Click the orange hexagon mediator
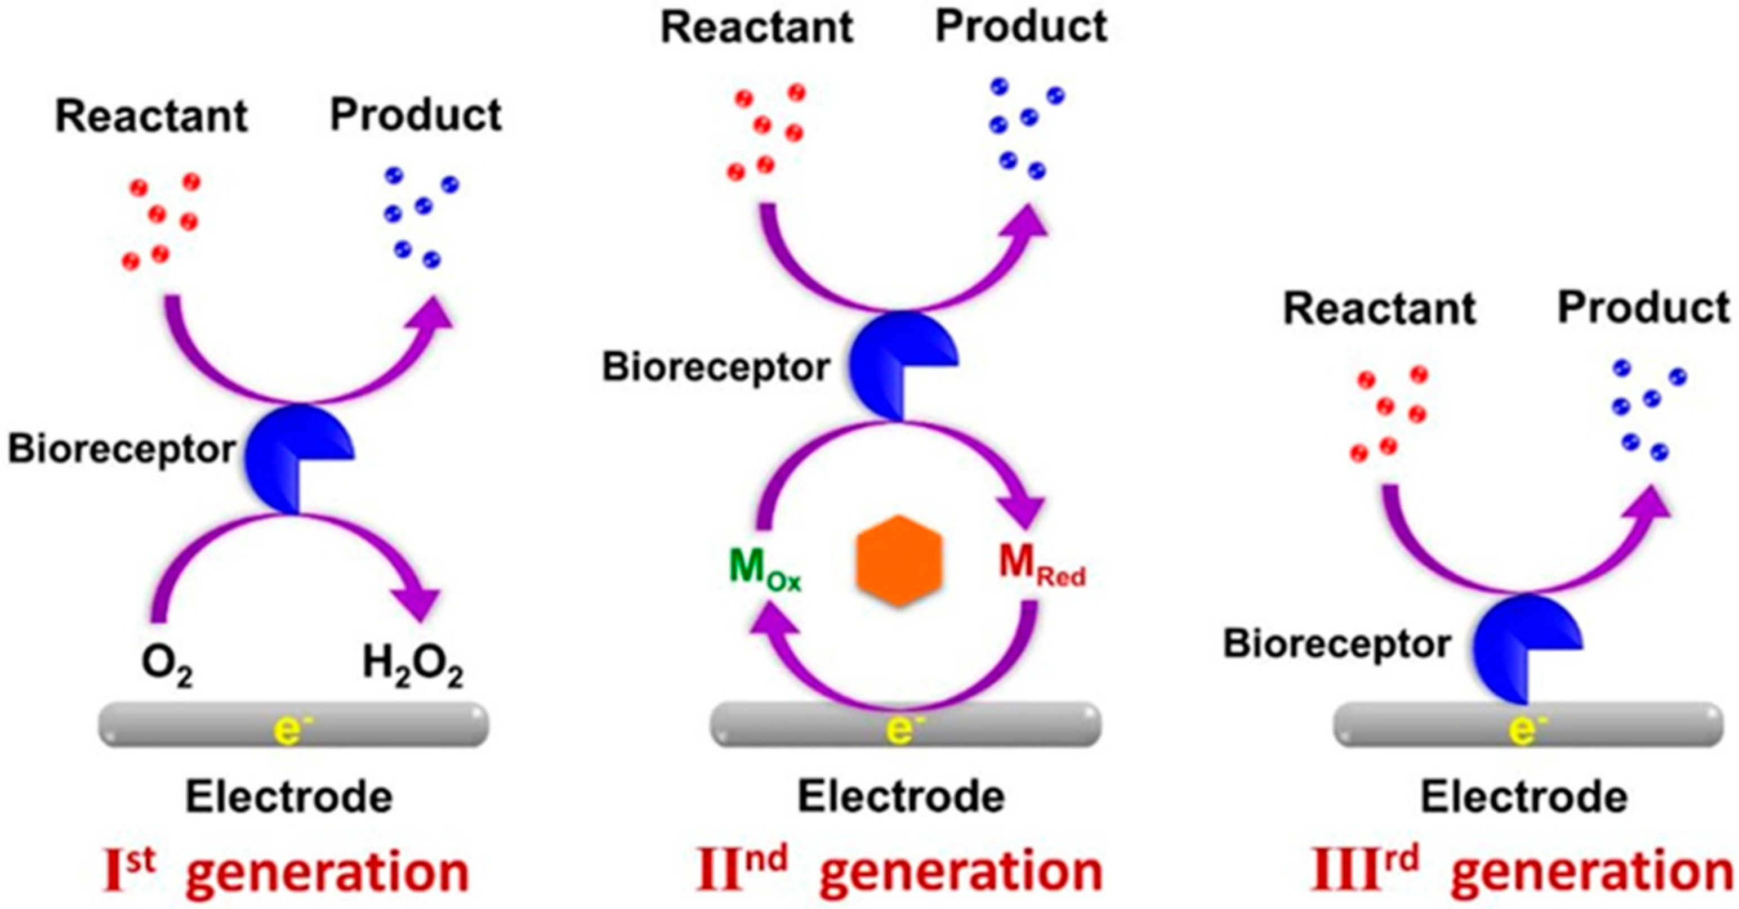pyautogui.click(x=899, y=560)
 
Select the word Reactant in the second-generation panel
pyautogui.click(x=757, y=28)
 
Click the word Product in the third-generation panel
pyautogui.click(x=1643, y=308)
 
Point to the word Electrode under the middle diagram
pyautogui.click(x=901, y=797)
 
